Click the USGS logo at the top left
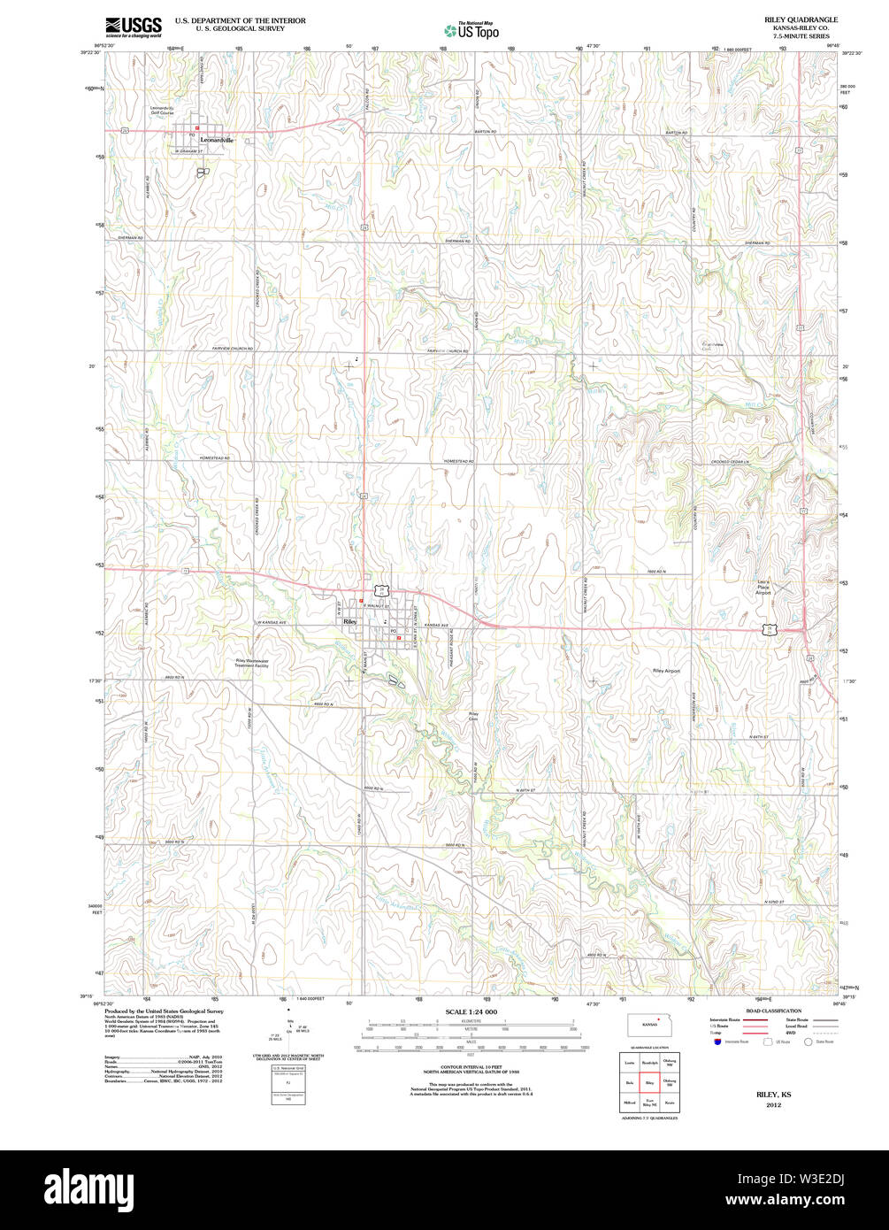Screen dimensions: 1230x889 tap(133, 27)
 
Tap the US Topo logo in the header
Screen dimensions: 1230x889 tap(471, 30)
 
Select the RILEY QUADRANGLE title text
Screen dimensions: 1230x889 tap(801, 19)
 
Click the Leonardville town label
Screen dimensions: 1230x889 tap(217, 140)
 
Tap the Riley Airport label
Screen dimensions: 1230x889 tap(666, 672)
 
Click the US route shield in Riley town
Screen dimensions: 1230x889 tap(382, 588)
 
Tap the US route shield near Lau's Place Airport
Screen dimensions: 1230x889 tap(770, 628)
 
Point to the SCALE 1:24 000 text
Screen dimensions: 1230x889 tap(471, 1011)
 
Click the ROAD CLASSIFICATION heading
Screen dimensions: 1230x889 tap(773, 1011)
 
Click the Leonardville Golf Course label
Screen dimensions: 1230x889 tap(162, 111)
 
